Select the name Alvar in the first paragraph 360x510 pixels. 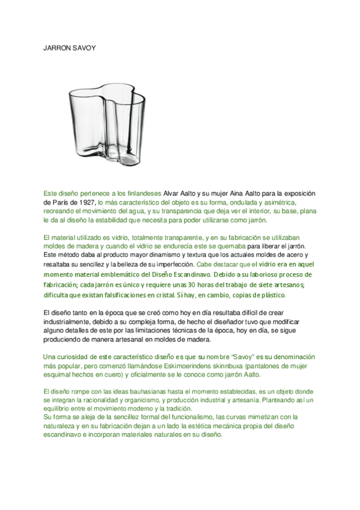[172, 194]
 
